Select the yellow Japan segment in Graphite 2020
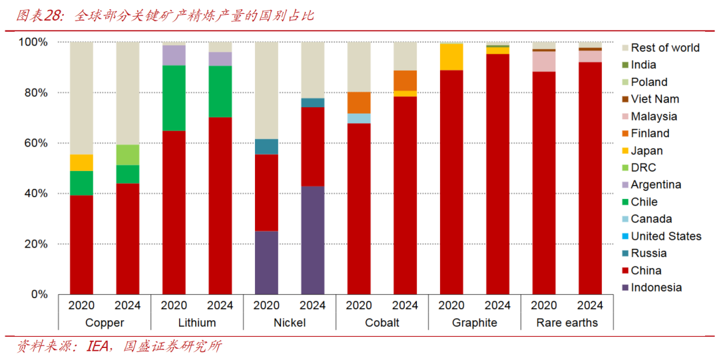click(x=451, y=57)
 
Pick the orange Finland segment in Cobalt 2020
click(x=359, y=102)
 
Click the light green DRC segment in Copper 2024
click(x=128, y=154)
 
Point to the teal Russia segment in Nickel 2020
click(x=266, y=146)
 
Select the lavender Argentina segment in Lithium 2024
click(x=220, y=59)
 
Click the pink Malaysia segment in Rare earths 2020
click(x=544, y=61)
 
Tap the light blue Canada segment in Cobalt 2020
click(x=359, y=118)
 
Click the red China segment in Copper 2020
click(x=81, y=244)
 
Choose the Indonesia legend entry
click(x=656, y=287)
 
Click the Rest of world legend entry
click(x=664, y=48)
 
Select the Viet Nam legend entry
click(x=654, y=99)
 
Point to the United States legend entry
click(x=666, y=236)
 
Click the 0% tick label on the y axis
click(x=39, y=294)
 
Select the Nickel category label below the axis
click(x=290, y=323)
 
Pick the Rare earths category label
click(x=567, y=323)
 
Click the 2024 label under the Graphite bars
click(x=497, y=305)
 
